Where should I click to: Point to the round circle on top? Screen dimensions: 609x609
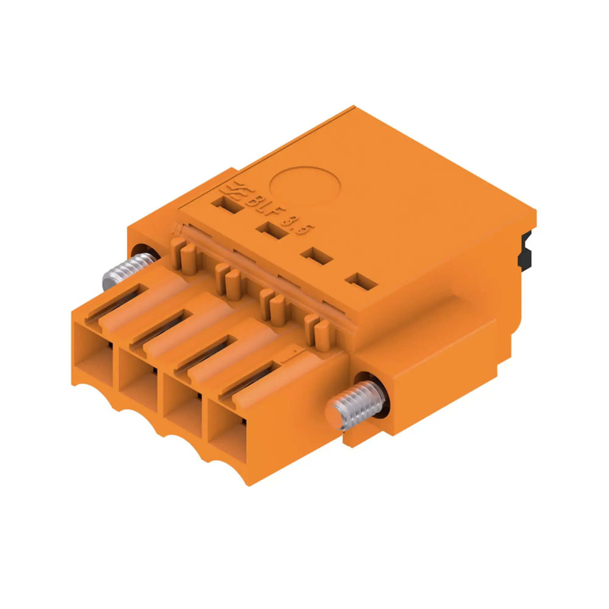click(x=305, y=187)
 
